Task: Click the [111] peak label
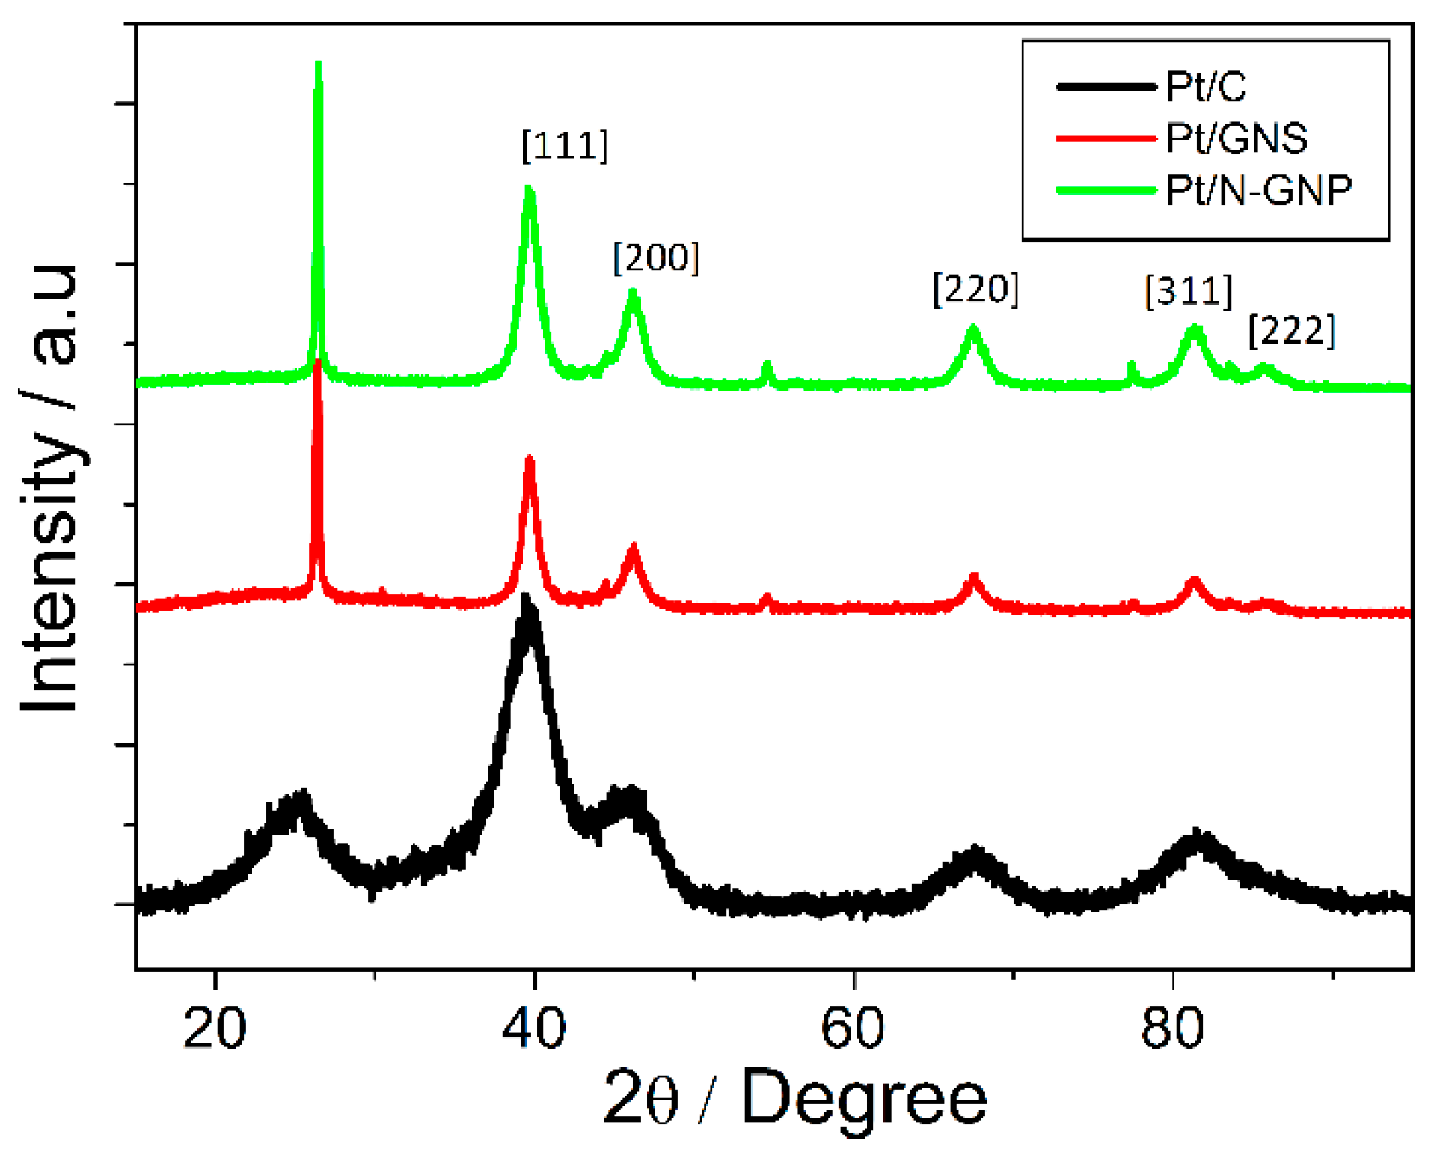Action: [x=564, y=145]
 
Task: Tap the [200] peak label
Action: [x=655, y=257]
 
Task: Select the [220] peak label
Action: [x=975, y=289]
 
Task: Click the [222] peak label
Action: [x=1291, y=330]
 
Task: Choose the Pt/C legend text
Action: [x=1206, y=86]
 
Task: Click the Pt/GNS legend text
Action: [x=1236, y=138]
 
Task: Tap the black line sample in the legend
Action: [x=1106, y=87]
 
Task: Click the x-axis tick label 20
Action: [x=215, y=1028]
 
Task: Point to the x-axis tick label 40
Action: [x=533, y=1028]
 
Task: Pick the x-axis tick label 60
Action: [x=853, y=1028]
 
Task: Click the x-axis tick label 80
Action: [x=1172, y=1028]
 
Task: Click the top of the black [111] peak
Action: [x=526, y=599]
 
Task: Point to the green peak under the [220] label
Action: [x=973, y=329]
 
